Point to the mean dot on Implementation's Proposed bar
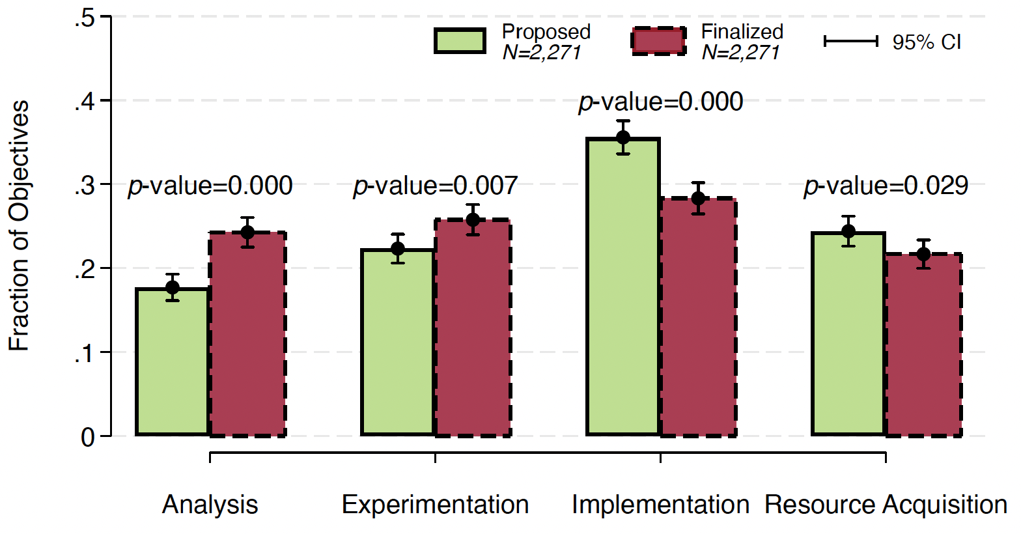623,137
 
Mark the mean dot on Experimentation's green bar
398,249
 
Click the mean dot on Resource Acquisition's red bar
923,254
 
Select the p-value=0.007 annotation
435,186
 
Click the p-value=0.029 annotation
886,186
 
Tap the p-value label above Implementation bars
660,102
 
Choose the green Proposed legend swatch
460,41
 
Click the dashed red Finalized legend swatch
658,41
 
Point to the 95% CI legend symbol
851,42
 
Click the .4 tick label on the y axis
85,102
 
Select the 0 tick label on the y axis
87,437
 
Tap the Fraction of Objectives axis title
20,225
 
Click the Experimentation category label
435,505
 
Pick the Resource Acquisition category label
886,505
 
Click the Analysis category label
210,505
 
